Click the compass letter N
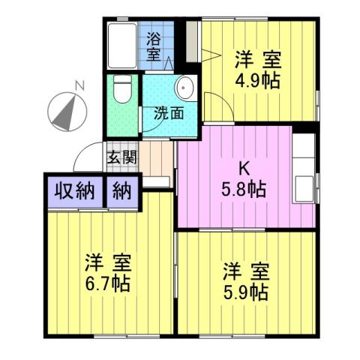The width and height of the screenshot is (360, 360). (x=78, y=85)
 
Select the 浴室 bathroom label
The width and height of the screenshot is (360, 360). (x=154, y=46)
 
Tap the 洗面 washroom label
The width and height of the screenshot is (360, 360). (x=169, y=114)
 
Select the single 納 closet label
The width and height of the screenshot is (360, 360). (x=122, y=190)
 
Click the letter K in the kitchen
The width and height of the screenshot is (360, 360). (x=244, y=169)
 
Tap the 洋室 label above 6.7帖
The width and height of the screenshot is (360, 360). (x=108, y=263)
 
